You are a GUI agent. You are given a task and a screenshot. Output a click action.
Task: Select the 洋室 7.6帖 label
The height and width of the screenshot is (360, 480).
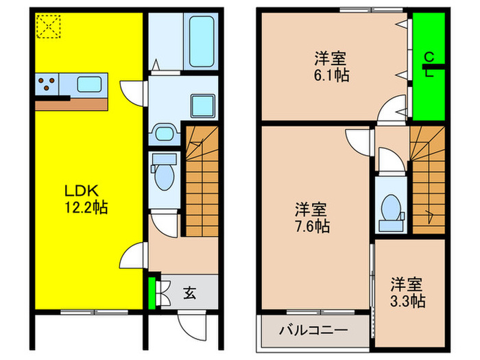coord(311,217)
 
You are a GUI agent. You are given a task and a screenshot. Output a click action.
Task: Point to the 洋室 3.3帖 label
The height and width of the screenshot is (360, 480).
coord(407,291)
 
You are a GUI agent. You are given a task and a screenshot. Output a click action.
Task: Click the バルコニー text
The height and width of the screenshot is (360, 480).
coord(313,330)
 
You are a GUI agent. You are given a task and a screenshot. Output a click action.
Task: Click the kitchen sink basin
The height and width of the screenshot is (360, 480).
coord(90,84)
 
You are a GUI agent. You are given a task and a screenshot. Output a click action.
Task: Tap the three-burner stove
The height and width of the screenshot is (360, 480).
coord(47,85)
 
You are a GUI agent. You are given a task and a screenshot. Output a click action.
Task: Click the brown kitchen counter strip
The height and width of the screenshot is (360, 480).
coord(72,104)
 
